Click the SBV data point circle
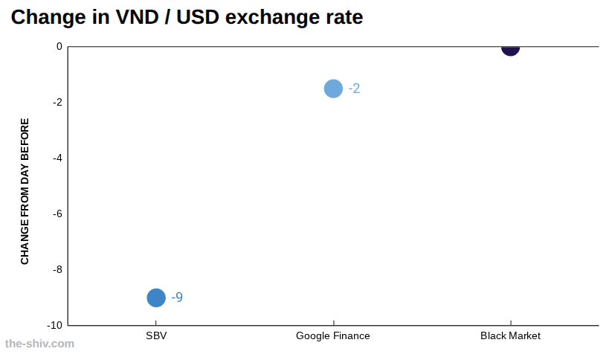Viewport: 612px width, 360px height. [x=156, y=298]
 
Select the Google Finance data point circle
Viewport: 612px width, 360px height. [x=333, y=89]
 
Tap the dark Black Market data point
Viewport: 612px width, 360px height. [x=511, y=48]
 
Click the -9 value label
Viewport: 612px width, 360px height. [x=177, y=297]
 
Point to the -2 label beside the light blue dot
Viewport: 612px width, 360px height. [x=355, y=89]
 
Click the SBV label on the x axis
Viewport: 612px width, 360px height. [x=156, y=335]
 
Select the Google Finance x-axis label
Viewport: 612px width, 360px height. [x=333, y=335]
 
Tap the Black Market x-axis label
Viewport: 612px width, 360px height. [x=511, y=335]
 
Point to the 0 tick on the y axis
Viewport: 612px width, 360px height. [x=59, y=46]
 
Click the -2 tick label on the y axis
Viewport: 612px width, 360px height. [x=58, y=103]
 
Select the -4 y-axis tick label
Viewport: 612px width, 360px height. [x=58, y=158]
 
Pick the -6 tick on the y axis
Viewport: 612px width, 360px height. [x=58, y=214]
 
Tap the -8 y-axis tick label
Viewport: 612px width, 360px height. [x=58, y=270]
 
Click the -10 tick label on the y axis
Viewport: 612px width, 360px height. [x=55, y=326]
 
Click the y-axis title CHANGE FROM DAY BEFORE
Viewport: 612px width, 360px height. [x=25, y=191]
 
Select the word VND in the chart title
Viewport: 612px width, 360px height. [x=138, y=17]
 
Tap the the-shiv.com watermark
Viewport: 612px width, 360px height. [x=39, y=344]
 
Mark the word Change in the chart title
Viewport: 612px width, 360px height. [x=48, y=18]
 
